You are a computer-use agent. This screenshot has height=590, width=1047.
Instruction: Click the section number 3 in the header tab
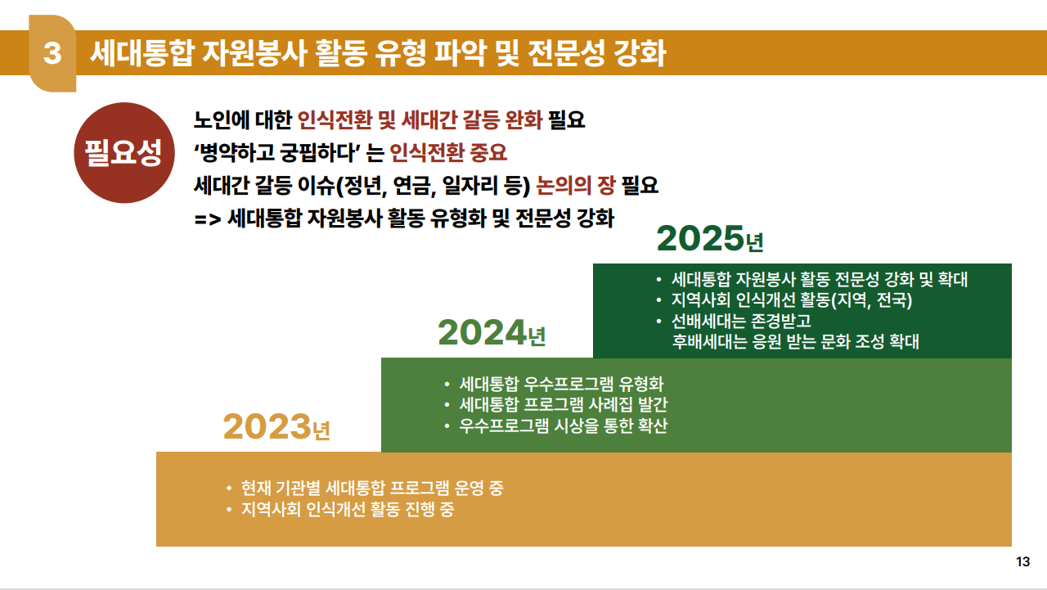point(52,53)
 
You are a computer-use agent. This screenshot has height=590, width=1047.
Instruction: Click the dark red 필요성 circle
point(124,153)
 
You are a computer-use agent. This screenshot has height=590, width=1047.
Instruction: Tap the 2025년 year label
point(709,238)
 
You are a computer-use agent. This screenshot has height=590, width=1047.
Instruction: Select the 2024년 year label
point(492,333)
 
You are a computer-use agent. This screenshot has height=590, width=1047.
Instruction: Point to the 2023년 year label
point(276,427)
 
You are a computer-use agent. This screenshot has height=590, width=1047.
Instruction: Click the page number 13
point(1022,561)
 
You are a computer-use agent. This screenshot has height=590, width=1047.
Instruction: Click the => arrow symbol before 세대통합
point(208,218)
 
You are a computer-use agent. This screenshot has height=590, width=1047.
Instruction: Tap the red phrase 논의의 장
point(575,185)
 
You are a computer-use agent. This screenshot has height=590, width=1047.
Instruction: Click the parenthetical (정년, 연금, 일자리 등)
point(434,186)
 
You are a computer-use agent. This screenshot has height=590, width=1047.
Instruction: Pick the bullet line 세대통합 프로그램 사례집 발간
point(564,404)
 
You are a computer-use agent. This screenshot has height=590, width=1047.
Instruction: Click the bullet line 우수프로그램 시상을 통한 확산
point(564,426)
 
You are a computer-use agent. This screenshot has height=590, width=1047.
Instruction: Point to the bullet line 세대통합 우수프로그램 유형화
point(561,384)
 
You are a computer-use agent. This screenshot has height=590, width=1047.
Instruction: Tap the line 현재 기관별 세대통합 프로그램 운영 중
point(372,488)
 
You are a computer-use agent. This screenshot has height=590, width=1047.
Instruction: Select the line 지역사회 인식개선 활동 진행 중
point(348,509)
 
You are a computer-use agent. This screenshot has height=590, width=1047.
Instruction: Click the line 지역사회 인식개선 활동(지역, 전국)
point(792,300)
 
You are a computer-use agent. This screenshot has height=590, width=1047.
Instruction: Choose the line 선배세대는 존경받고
point(741,321)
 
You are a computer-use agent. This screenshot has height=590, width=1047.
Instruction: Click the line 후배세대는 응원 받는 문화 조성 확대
point(796,341)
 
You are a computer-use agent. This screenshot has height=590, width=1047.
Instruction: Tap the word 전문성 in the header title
point(566,53)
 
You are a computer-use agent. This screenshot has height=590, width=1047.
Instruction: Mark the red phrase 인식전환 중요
point(447,152)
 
